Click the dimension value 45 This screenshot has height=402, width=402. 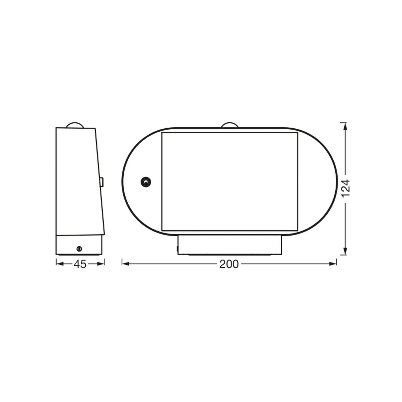pyautogui.click(x=80, y=264)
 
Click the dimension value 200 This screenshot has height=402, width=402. pyautogui.click(x=229, y=264)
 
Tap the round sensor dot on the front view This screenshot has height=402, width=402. pyautogui.click(x=146, y=182)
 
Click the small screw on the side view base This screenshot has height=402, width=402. pyautogui.click(x=79, y=249)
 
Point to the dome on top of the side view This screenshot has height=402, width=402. pyautogui.click(x=74, y=125)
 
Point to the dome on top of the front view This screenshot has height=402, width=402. pyautogui.click(x=229, y=125)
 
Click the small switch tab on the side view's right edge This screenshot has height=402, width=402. pyautogui.click(x=102, y=182)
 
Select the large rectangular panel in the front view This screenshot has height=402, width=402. pyautogui.click(x=229, y=181)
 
